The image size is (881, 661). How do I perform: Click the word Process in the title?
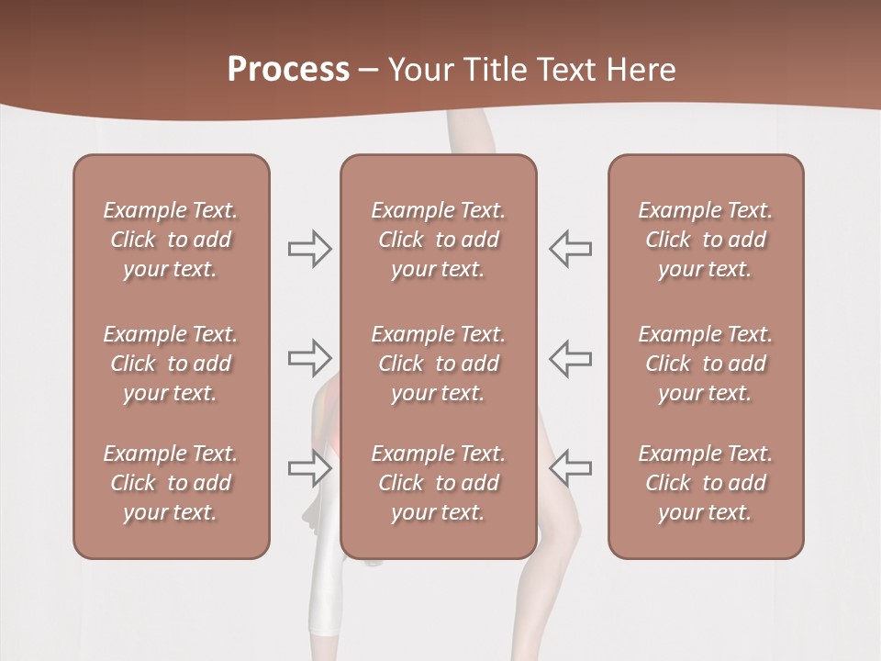[x=288, y=70]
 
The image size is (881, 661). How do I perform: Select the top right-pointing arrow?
[x=309, y=249]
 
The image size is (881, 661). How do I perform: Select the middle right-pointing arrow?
[x=309, y=358]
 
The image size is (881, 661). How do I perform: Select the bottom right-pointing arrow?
[x=309, y=468]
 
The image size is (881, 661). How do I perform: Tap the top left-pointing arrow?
[x=570, y=249]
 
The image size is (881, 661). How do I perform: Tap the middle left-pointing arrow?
[x=570, y=358]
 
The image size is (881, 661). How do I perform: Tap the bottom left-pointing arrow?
[x=570, y=468]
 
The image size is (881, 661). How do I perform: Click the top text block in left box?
[x=171, y=240]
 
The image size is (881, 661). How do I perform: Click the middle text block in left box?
[x=171, y=364]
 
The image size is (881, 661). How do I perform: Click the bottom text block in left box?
[x=171, y=483]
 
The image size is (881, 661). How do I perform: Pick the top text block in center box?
[x=438, y=240]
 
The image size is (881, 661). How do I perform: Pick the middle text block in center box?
[x=438, y=364]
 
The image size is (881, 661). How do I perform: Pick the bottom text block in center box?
[x=438, y=483]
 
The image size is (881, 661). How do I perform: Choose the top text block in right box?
[x=705, y=240]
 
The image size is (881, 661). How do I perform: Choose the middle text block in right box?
[x=705, y=364]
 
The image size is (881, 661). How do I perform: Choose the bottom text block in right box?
[x=705, y=483]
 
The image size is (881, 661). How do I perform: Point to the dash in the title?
[x=369, y=71]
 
